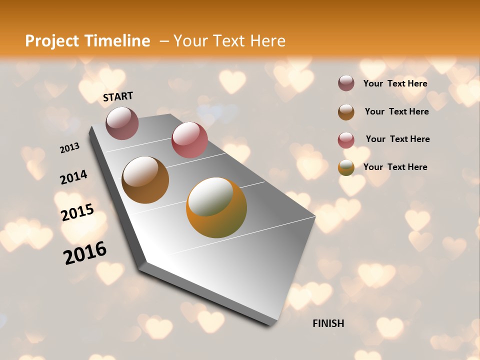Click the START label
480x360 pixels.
[118, 96]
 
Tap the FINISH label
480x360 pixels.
[328, 323]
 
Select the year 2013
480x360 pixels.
[70, 148]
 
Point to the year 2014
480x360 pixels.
[74, 177]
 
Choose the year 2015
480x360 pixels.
[77, 212]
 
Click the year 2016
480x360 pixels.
[85, 253]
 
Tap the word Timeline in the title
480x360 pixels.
[118, 41]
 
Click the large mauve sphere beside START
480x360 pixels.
[122, 123]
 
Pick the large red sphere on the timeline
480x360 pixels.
[189, 140]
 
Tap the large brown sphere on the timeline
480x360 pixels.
[145, 180]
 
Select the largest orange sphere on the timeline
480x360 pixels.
[216, 207]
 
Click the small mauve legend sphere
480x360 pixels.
[346, 83]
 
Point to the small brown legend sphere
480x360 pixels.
[346, 112]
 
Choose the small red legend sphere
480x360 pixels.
[346, 140]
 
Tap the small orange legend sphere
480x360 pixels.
[346, 167]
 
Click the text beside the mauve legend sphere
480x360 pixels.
[395, 83]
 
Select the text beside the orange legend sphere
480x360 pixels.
[395, 167]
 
